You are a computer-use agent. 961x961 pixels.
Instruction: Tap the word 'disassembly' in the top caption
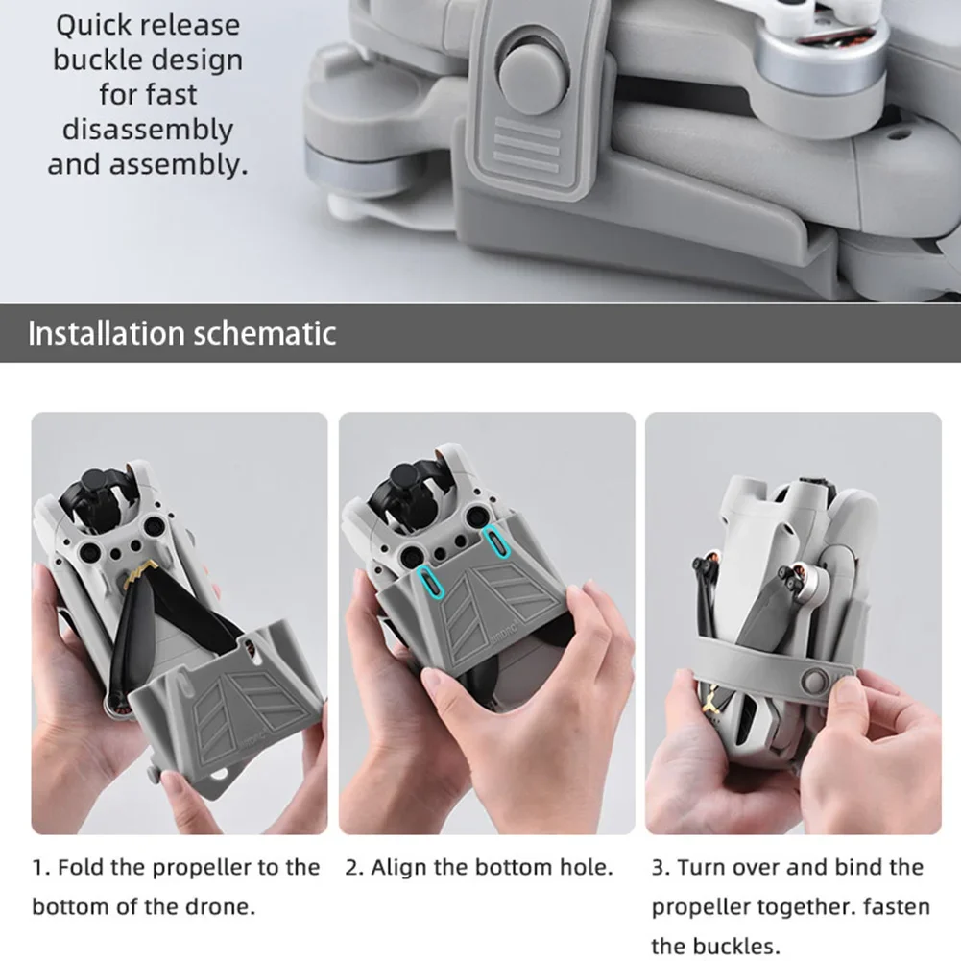148,131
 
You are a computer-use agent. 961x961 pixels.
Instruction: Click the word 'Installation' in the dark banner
106,333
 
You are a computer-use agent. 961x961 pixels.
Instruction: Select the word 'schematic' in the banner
265,333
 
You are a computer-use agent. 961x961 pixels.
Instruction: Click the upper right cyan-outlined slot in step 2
496,541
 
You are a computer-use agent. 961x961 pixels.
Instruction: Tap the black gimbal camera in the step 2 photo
409,484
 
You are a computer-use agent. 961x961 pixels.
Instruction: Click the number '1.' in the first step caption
41,868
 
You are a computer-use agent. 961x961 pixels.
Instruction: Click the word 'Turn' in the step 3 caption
702,868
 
